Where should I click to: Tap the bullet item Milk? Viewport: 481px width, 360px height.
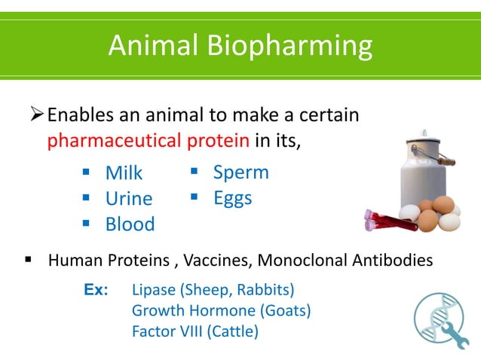[x=124, y=173]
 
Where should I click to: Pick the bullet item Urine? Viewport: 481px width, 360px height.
[x=128, y=199]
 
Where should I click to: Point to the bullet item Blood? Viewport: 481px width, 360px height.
[x=130, y=224]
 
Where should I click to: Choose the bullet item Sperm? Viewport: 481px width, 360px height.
[x=240, y=172]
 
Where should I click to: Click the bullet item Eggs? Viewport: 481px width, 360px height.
[x=232, y=198]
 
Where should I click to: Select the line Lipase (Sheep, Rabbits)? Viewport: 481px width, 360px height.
[x=213, y=290]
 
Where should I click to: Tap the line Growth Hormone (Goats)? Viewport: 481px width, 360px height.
[x=221, y=310]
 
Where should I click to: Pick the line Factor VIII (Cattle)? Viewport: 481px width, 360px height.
[x=195, y=331]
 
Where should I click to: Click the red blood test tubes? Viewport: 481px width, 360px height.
[x=390, y=220]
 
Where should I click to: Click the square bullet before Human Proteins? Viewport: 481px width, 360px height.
[x=28, y=261]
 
